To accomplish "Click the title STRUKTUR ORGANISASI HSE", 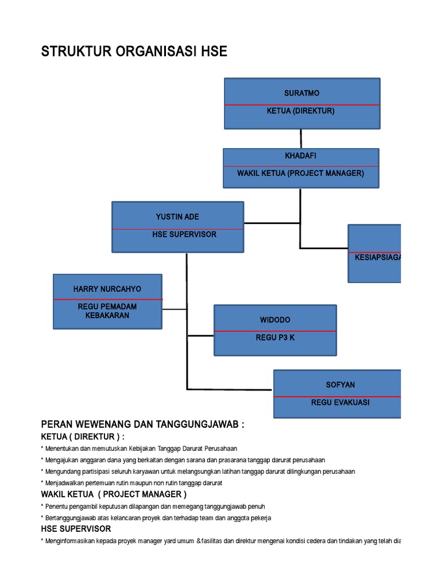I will point(134,52).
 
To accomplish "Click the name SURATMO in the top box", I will point(301,93).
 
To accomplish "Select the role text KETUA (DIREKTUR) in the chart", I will point(300,111).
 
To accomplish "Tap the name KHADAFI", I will point(300,156).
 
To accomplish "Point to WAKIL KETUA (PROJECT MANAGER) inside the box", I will point(300,173).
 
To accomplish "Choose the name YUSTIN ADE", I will point(177,217).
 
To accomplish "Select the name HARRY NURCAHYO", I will point(107,289).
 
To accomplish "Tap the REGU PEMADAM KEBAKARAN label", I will point(107,311).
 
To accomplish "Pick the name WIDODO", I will point(275,320).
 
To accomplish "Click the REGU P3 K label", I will point(275,338).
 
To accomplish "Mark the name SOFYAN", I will point(341,385).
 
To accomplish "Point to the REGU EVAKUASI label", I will point(340,403).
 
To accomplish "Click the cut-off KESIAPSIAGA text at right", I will point(377,257).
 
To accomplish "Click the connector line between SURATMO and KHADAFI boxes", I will point(301,138).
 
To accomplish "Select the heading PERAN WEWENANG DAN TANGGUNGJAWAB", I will point(143,424).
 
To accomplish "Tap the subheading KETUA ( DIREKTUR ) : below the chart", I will point(83,437).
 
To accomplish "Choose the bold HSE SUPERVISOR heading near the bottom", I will point(76,529).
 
